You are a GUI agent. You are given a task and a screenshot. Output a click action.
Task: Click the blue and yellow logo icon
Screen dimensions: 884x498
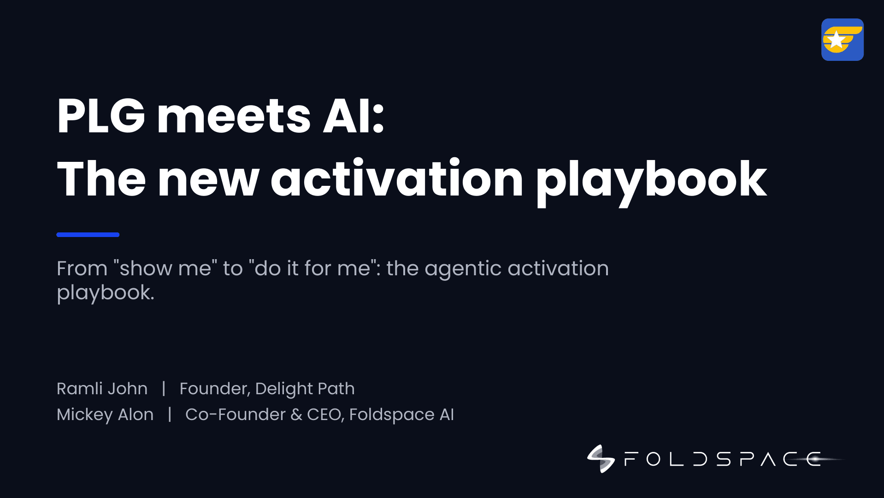click(842, 40)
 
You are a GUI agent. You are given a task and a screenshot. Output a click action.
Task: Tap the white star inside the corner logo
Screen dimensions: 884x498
click(836, 40)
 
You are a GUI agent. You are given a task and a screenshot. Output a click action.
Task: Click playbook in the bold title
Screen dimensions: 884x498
click(651, 181)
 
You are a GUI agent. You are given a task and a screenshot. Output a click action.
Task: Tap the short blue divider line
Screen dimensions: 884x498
click(88, 235)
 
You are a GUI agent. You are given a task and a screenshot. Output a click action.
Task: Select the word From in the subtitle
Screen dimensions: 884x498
click(82, 268)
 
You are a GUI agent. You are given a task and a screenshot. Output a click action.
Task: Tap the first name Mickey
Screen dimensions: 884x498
click(85, 415)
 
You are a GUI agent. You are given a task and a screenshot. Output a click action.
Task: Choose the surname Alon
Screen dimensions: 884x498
click(136, 415)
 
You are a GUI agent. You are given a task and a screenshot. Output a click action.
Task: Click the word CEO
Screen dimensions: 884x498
click(325, 415)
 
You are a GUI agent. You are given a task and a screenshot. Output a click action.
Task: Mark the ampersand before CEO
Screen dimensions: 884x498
click(296, 415)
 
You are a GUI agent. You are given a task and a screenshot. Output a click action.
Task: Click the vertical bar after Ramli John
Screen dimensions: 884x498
click(164, 389)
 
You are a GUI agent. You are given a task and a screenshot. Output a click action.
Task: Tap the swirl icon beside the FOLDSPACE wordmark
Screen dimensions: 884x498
click(601, 459)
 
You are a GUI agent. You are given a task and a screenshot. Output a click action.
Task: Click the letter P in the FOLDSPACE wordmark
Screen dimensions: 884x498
click(747, 459)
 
